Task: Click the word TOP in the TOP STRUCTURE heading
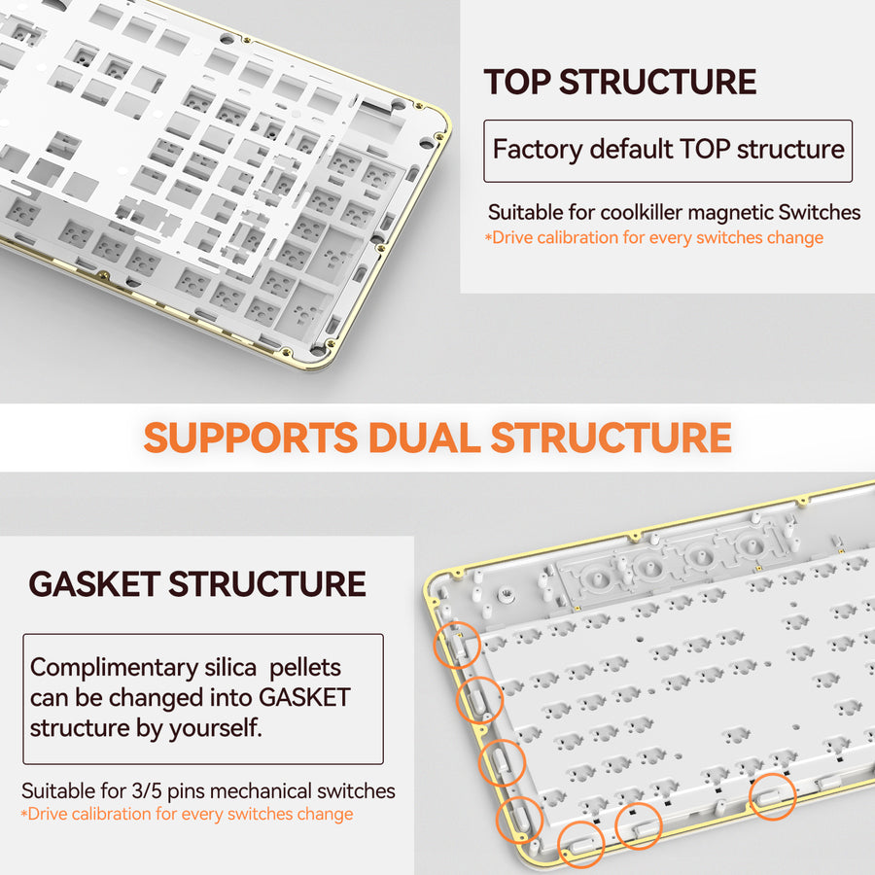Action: point(517,82)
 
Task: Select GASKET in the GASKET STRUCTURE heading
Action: point(94,584)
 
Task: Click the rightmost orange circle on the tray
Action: point(772,797)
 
